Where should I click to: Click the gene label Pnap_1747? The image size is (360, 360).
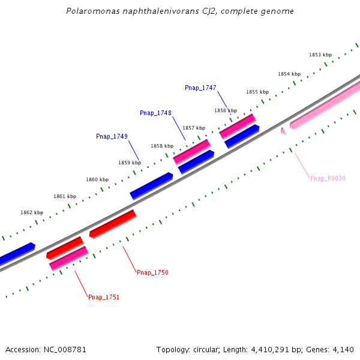pos(200,88)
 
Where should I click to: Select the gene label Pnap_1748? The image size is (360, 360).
pos(155,113)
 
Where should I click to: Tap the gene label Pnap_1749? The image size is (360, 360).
pos(112,136)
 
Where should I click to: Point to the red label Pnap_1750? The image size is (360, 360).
pos(152,272)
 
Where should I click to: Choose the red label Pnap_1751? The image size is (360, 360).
pos(104,297)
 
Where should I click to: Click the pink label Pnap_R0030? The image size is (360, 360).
pos(328,178)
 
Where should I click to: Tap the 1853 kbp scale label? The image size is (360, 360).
pos(320,55)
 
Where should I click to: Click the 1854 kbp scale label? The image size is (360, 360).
pos(289,74)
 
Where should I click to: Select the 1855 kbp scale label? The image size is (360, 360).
pos(257,92)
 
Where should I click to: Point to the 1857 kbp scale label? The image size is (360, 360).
pos(194,128)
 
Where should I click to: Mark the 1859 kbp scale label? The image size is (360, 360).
pos(130,163)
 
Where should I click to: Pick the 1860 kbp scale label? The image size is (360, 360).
pos(97,179)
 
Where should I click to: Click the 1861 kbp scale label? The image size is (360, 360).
pos(65,196)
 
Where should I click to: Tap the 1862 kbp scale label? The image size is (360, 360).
pos(32,212)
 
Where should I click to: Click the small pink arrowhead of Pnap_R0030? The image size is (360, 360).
pos(283,131)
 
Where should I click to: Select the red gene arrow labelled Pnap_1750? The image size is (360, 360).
pos(113,224)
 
